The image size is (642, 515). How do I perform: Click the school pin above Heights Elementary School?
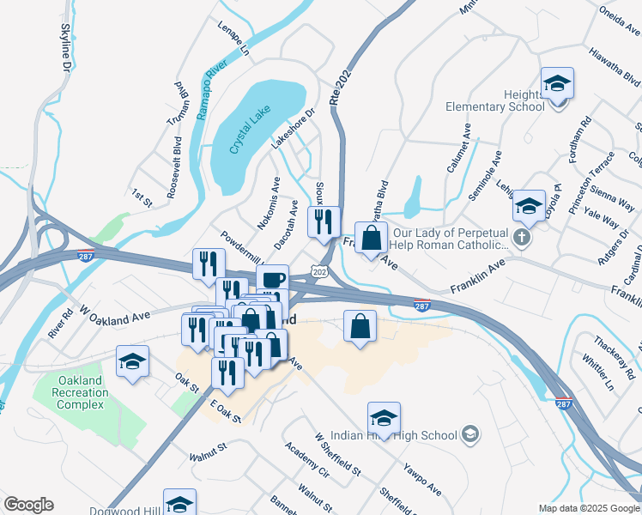tap(557, 84)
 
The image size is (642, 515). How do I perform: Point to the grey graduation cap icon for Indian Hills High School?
tap(469, 435)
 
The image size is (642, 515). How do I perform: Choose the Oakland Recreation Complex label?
tap(83, 392)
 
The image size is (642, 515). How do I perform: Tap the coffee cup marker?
tap(273, 281)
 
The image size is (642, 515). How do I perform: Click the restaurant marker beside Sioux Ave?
tap(324, 222)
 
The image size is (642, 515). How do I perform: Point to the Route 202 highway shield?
tap(319, 272)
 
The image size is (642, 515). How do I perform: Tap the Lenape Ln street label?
tap(233, 39)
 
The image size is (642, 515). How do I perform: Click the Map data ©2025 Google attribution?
tap(589, 508)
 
